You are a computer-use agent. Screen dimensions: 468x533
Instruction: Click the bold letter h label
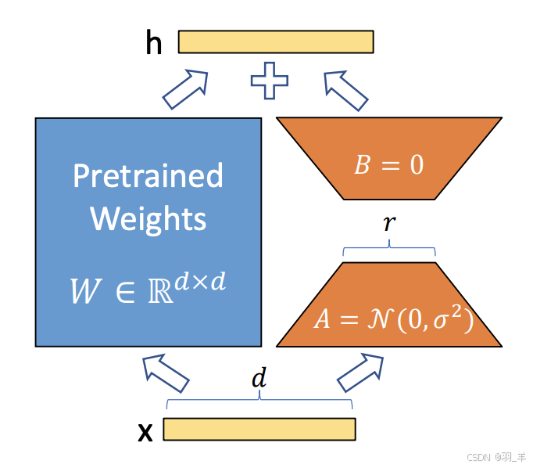(154, 44)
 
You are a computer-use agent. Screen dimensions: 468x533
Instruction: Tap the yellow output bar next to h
(276, 41)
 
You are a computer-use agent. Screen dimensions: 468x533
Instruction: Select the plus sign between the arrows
(270, 81)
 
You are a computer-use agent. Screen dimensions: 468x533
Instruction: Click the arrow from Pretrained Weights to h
(186, 89)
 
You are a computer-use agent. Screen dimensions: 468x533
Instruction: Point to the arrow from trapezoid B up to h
(345, 89)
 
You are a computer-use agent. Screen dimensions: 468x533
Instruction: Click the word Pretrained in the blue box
(148, 176)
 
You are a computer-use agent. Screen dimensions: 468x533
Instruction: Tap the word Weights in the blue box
(148, 218)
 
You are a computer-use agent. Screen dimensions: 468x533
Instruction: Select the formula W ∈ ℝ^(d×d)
(148, 287)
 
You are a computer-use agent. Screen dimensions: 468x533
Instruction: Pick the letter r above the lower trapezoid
(388, 224)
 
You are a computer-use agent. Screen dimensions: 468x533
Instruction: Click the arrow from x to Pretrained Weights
(166, 373)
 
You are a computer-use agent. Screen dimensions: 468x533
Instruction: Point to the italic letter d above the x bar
(259, 380)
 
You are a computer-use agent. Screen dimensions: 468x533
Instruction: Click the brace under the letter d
(259, 401)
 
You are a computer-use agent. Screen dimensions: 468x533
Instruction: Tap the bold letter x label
(145, 432)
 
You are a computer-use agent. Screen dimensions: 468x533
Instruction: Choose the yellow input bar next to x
(259, 430)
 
